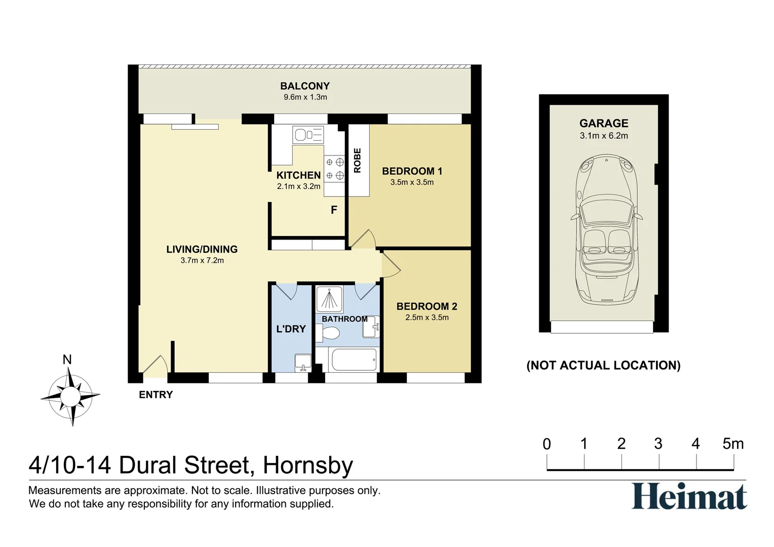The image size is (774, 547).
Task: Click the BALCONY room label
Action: pos(304,86)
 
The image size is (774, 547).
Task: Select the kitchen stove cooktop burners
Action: pos(334,169)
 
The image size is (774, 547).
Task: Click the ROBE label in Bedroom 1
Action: pos(357,161)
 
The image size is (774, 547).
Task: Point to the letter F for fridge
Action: pos(334,210)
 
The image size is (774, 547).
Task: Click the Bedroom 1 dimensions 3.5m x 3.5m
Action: pos(412,182)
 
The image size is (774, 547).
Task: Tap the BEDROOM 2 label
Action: pos(427,306)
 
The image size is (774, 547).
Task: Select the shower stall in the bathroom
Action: pos(330,299)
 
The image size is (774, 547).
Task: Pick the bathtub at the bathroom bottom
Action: pos(353,359)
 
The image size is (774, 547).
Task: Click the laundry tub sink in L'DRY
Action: pos(303,362)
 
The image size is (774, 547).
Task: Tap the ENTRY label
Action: pos(156,395)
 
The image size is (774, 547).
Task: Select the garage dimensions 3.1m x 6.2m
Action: pos(604,136)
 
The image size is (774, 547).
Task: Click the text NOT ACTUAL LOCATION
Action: pos(603,365)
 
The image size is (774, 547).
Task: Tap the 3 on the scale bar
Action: pos(658,444)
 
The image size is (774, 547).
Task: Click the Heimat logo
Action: pos(689,496)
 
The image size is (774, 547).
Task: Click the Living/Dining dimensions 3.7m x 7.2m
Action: pos(202,260)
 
